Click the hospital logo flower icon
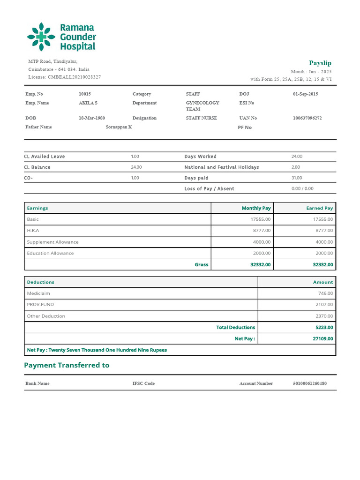coord(41,37)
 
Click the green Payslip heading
coord(320,63)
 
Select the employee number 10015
coord(85,94)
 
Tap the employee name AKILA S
coord(88,103)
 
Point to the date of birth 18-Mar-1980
coord(91,118)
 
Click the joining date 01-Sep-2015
coord(305,94)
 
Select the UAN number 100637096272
coord(307,118)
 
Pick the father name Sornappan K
coord(119,127)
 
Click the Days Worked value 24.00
coord(297,157)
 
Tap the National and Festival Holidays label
coord(221,167)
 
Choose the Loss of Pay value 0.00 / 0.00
coord(302,189)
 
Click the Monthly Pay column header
coord(256,208)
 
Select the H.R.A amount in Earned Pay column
coord(323,231)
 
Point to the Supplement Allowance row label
coord(53,242)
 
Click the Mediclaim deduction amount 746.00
coord(325,293)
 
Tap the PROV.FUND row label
coord(40,305)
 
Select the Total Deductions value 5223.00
coord(324,328)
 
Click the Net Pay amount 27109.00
coord(323,339)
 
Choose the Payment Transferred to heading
coord(67,365)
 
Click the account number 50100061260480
coord(310,383)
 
